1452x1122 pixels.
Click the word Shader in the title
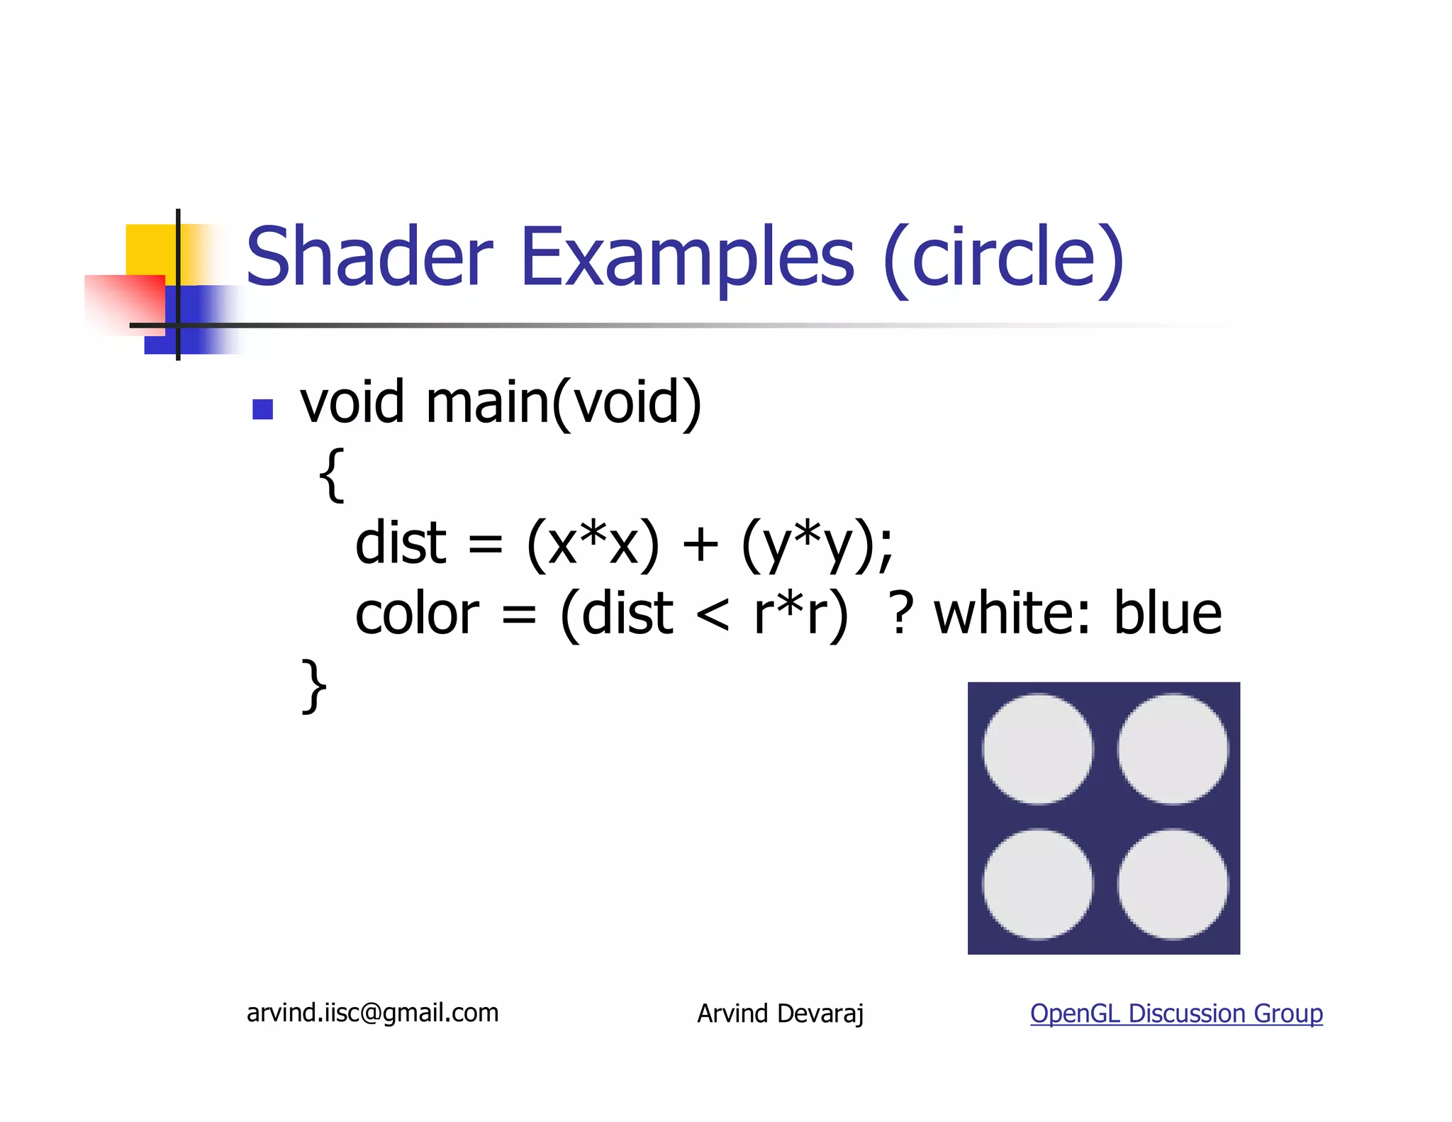coord(369,257)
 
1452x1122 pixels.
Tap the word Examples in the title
coord(687,257)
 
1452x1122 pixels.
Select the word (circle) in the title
coord(1003,258)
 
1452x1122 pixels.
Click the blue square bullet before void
coord(263,409)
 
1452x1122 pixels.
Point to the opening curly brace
coord(332,475)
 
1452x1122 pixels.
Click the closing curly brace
coord(314,685)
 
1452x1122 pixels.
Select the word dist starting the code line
coord(401,543)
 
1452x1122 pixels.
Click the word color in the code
coord(417,613)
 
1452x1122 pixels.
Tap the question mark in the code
coord(901,613)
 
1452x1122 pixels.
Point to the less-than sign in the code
coord(713,615)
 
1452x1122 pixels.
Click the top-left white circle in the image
coord(1037,749)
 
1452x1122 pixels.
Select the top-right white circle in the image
coord(1173,749)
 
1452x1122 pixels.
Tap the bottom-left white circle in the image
coord(1037,884)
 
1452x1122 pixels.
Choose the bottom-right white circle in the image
coord(1173,884)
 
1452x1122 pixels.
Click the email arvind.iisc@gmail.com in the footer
coord(372,1013)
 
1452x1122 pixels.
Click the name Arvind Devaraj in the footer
coord(780,1013)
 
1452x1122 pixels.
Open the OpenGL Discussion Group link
coord(1176,1013)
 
